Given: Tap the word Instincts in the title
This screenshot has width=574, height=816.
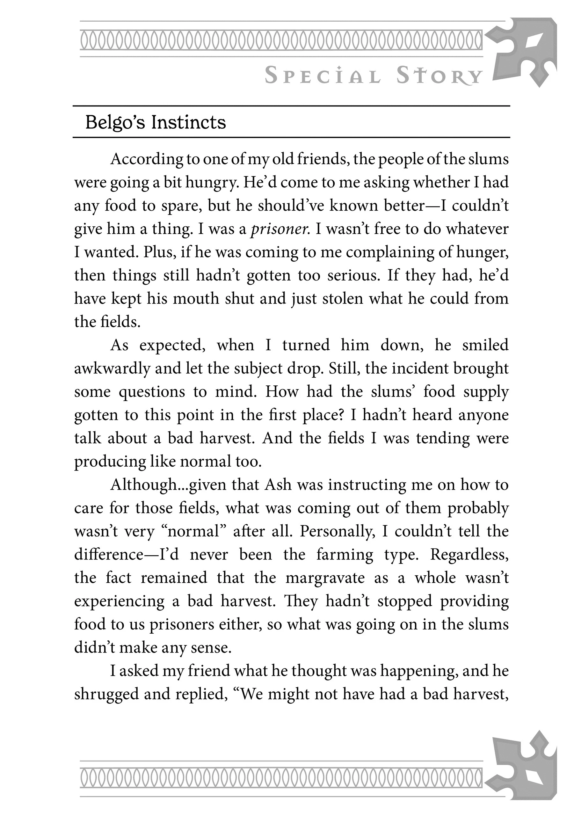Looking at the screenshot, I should [x=188, y=123].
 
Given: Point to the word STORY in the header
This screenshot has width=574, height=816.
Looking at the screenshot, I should [x=439, y=76].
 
